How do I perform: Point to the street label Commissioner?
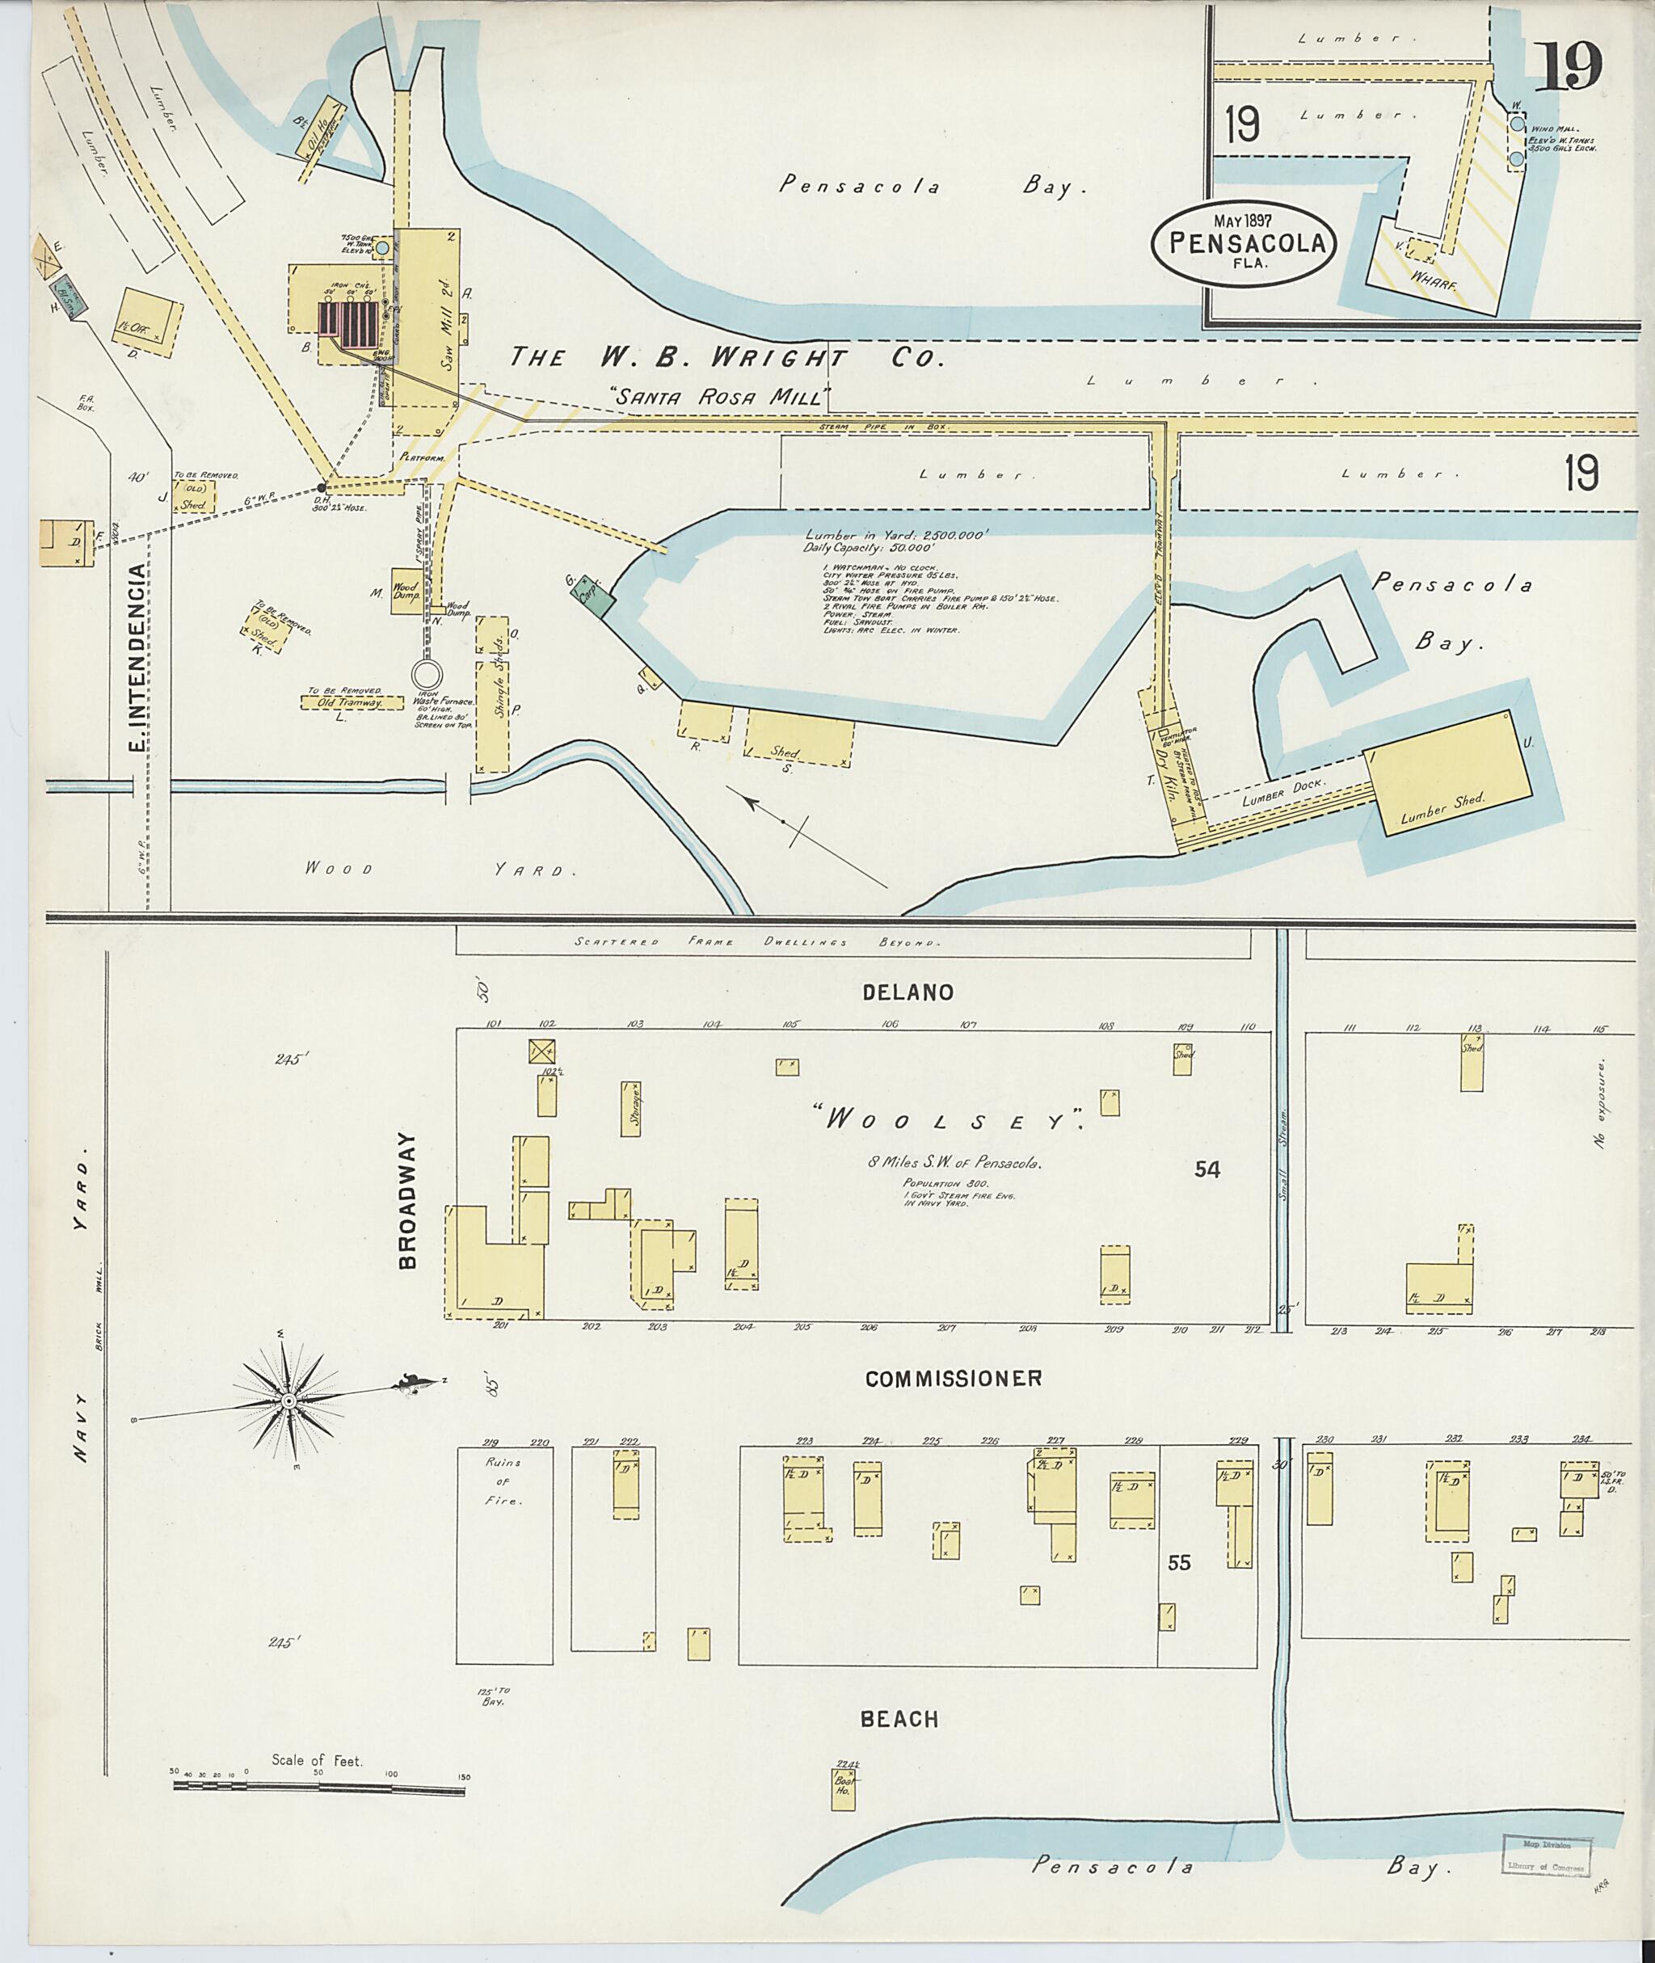(x=954, y=1379)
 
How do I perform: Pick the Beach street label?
(x=899, y=1719)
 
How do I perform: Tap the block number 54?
(x=1207, y=1169)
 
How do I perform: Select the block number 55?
(x=1178, y=1563)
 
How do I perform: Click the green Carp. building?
(x=596, y=596)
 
